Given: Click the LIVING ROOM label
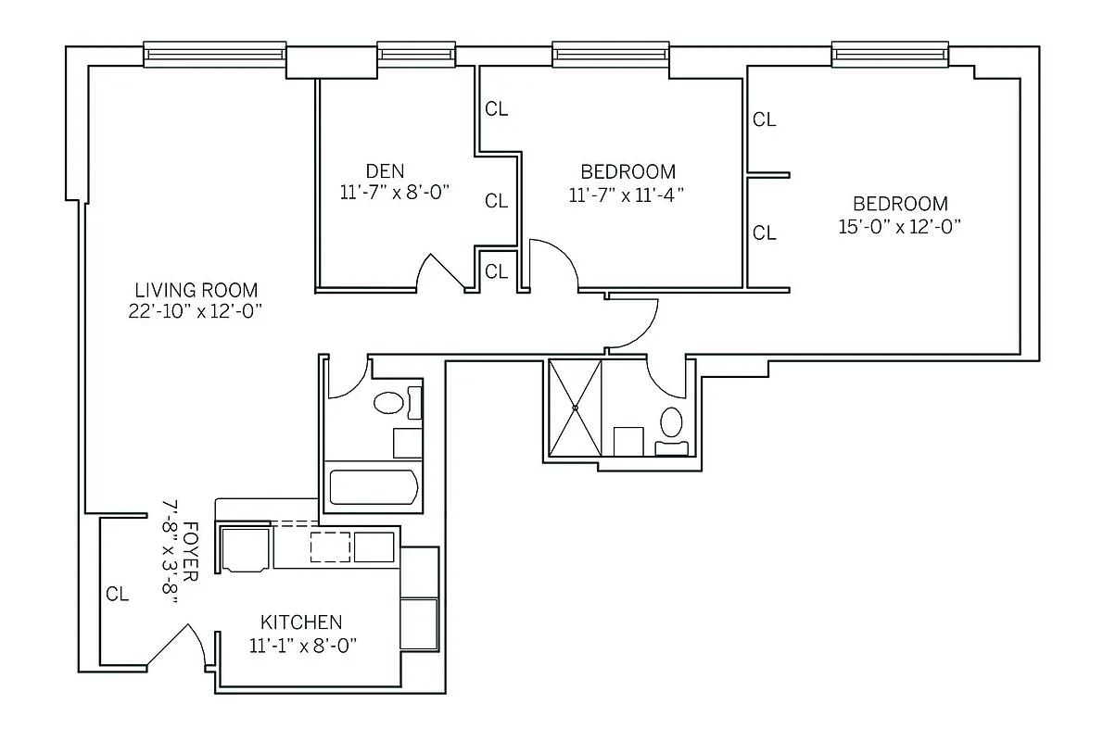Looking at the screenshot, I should pos(196,290).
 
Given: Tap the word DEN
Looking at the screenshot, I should pos(385,170).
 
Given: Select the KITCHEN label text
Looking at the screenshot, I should pos(300,622).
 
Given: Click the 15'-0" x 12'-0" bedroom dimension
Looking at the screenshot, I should pos(899,227).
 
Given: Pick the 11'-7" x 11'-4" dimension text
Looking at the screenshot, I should pos(628,195).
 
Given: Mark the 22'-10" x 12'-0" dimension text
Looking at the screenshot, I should pos(196,311).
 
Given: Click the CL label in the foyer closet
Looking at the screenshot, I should pos(117,595).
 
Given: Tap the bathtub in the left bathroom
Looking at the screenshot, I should pos(373,487).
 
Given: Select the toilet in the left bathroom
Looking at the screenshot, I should pos(389,403).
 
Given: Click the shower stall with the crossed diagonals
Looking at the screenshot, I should pos(575,408).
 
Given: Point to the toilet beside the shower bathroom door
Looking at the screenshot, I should pos(671,422).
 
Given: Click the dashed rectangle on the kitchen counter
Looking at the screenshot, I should pos(330,546).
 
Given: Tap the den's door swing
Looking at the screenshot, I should pos(441,272).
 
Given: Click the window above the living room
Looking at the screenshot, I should pos(214,55).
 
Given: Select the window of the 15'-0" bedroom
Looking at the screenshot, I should pos(890,55).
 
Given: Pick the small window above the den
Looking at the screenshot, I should pos(416,55).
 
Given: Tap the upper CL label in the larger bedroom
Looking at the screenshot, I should pos(764,119).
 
